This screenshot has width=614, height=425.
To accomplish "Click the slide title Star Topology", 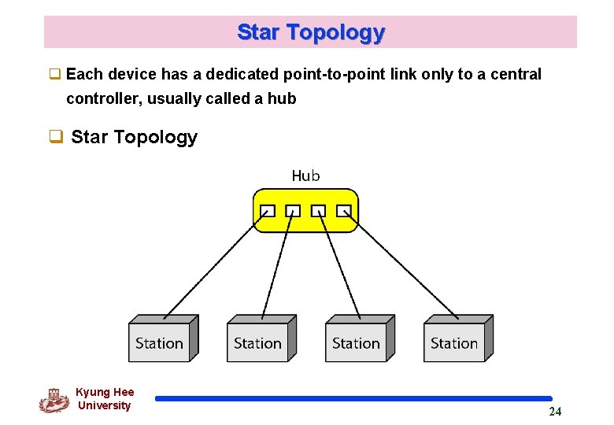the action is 310,32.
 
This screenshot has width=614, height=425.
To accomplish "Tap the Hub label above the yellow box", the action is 305,176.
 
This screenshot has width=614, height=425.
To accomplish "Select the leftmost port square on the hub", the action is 268,211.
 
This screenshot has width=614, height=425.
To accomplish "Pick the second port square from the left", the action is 293,211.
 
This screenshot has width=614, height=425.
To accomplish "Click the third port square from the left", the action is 318,211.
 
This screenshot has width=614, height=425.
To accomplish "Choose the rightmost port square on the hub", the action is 343,211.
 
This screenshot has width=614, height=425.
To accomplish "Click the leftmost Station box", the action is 159,342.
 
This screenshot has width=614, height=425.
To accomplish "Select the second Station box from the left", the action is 257,342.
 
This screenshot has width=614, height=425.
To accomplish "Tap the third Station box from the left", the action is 356,342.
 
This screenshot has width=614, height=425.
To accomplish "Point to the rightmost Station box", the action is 454,342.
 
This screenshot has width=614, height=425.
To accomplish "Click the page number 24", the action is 555,412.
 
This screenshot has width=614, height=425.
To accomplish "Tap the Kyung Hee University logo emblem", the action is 54,400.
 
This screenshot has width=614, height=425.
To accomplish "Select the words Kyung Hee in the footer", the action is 105,392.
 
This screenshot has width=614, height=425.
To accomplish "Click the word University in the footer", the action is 105,405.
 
